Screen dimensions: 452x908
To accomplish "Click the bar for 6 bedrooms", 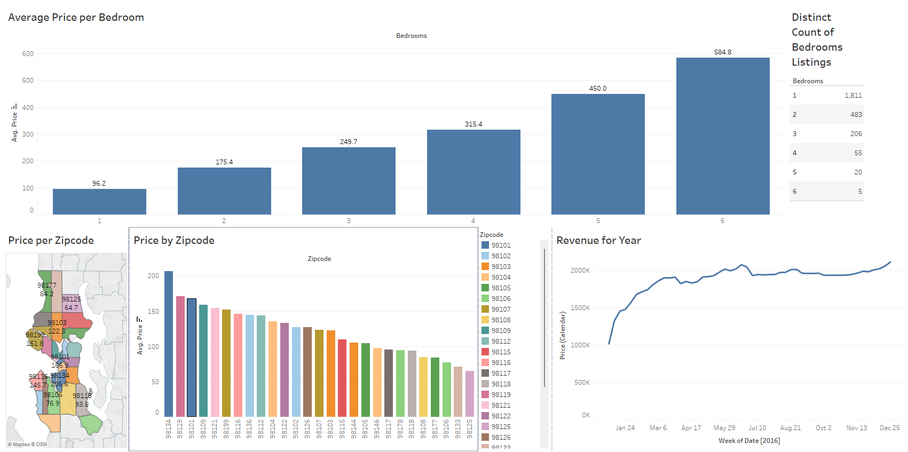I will pyautogui.click(x=722, y=136).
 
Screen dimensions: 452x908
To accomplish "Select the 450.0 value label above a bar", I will pyautogui.click(x=598, y=89).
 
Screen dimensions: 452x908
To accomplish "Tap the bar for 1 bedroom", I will pyautogui.click(x=99, y=202).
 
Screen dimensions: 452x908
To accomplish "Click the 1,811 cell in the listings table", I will pyautogui.click(x=853, y=96).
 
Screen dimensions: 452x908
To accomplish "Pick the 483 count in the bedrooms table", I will pyautogui.click(x=856, y=115).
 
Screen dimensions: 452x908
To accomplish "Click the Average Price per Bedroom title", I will pyautogui.click(x=76, y=18).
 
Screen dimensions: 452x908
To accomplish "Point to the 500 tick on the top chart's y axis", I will pyautogui.click(x=28, y=81).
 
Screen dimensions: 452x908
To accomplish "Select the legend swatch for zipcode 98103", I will pyautogui.click(x=485, y=266).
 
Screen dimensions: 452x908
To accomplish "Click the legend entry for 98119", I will pyautogui.click(x=501, y=394).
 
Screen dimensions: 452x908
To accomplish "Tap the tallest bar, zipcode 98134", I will pyautogui.click(x=169, y=344).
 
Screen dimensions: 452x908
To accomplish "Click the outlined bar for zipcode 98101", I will pyautogui.click(x=192, y=358).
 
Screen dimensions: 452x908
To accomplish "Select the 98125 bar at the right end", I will pyautogui.click(x=470, y=394).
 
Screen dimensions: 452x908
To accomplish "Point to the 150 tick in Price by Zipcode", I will pyautogui.click(x=153, y=312).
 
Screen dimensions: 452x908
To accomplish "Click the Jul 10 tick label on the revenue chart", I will pyautogui.click(x=757, y=428).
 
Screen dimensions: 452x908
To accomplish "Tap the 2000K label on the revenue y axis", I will pyautogui.click(x=580, y=271).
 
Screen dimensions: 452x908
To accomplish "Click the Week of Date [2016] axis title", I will pyautogui.click(x=749, y=441).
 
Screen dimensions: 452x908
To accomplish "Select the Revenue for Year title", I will pyautogui.click(x=598, y=241).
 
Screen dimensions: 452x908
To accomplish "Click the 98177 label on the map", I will pyautogui.click(x=47, y=286).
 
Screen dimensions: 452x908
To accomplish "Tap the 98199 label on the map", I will pyautogui.click(x=35, y=335).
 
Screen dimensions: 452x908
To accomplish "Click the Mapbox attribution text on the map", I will pyautogui.click(x=27, y=445).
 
